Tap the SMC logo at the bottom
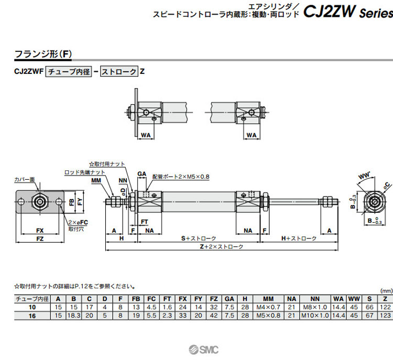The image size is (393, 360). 204,350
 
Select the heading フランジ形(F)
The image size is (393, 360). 43,53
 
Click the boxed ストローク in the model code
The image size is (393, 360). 119,72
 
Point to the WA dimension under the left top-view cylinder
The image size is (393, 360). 147,135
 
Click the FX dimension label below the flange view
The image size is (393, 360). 39,231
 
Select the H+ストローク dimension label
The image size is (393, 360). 298,238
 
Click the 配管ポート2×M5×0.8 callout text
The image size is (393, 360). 181,177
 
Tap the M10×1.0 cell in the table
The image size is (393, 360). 315,315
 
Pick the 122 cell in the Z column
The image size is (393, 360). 386,307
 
